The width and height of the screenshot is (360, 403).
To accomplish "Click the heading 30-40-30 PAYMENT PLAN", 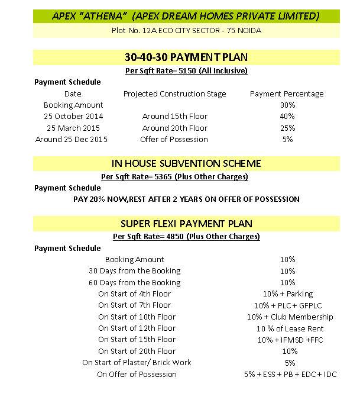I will (186, 57).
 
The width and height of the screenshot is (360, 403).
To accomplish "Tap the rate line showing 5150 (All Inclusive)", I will (186, 71).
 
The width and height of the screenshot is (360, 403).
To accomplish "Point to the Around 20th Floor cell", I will (174, 128).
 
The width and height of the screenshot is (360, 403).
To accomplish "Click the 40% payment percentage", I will (287, 117).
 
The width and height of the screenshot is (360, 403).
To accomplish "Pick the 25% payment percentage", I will (287, 128).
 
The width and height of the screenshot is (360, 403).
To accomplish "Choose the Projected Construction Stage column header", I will (174, 94).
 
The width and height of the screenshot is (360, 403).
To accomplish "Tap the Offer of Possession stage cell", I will (174, 140).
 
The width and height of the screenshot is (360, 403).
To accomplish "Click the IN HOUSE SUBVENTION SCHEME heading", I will (186, 163).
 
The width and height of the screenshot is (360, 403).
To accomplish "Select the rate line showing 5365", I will (186, 176).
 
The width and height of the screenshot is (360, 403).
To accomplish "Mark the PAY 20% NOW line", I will (186, 199).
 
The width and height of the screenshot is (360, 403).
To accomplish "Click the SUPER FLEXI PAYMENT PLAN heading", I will (186, 224).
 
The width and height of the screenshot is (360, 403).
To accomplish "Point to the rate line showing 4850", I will (186, 237).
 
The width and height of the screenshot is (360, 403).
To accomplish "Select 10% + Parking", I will (287, 294).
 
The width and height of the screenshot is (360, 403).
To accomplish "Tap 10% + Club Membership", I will (287, 317).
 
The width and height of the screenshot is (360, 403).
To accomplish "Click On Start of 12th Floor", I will (137, 328).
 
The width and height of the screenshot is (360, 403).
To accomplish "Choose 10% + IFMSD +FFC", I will (287, 340).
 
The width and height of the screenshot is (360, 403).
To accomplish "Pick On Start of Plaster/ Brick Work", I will (137, 363).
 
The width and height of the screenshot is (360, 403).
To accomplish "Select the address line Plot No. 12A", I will (186, 30).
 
